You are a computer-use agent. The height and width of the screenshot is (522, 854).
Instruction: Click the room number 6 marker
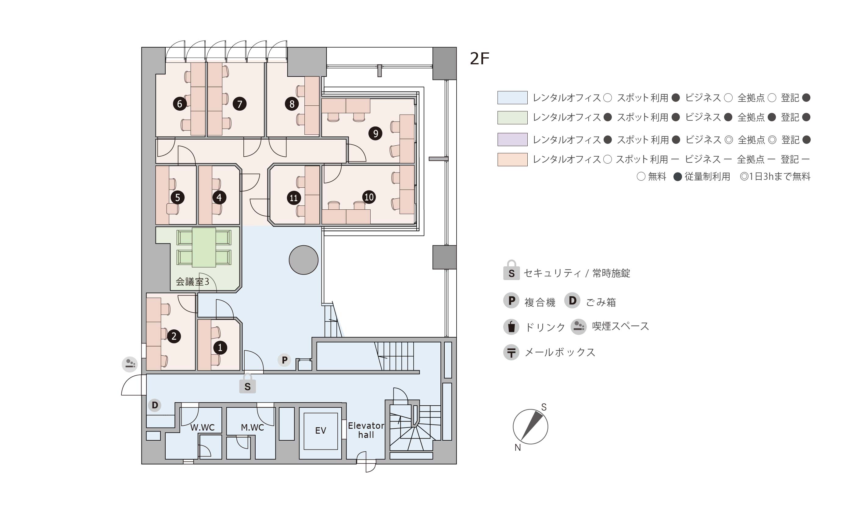point(180,104)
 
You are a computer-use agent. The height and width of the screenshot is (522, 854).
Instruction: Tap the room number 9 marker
point(375,133)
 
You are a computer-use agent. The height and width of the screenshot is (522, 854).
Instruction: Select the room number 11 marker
point(293,198)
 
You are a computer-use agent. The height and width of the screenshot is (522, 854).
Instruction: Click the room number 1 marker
point(220,347)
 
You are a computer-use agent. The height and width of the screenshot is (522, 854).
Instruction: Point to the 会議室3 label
point(192,282)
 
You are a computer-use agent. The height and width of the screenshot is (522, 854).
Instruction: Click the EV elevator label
point(321,431)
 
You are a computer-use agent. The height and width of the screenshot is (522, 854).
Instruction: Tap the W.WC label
point(203,428)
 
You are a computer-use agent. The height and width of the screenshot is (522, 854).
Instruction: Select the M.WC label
point(252,428)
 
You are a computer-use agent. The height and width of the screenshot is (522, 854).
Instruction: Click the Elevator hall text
point(366,430)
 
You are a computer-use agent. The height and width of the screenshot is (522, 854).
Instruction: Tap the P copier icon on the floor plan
point(284,360)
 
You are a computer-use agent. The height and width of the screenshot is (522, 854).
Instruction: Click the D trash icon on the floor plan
point(155,405)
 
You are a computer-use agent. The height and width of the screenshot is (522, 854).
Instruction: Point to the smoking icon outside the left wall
point(130,364)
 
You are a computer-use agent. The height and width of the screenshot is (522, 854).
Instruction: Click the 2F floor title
point(479,59)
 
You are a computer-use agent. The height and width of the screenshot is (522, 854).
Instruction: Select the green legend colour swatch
point(512,117)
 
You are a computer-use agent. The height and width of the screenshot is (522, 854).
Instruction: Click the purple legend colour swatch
point(512,139)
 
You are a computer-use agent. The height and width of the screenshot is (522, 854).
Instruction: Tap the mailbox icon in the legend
point(511,353)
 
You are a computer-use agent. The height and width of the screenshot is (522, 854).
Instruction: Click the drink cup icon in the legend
point(511,327)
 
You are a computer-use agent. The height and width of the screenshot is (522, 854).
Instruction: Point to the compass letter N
point(518,448)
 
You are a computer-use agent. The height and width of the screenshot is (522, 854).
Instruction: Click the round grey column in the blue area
point(303,260)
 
